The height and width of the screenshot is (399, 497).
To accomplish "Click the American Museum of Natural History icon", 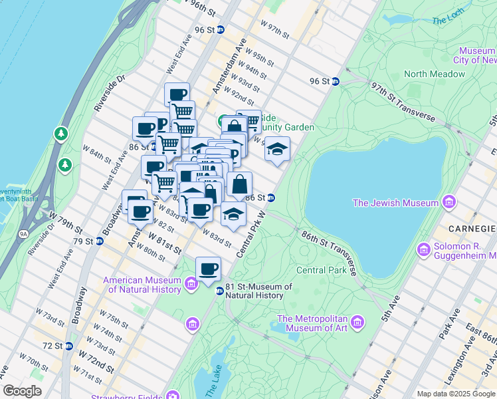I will tap(192, 285).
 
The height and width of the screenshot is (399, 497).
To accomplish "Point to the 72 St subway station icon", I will tap(68, 346).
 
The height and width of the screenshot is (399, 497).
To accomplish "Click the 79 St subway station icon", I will tap(99, 241).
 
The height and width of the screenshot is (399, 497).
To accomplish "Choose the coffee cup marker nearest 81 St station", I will tap(208, 268).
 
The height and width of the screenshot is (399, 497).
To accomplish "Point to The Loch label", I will tap(448, 20).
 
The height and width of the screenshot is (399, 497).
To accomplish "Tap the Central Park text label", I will tap(322, 270).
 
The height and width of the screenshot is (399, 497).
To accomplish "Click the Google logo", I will tap(23, 390).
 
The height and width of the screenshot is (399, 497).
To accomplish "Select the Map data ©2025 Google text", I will tap(455, 394).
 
